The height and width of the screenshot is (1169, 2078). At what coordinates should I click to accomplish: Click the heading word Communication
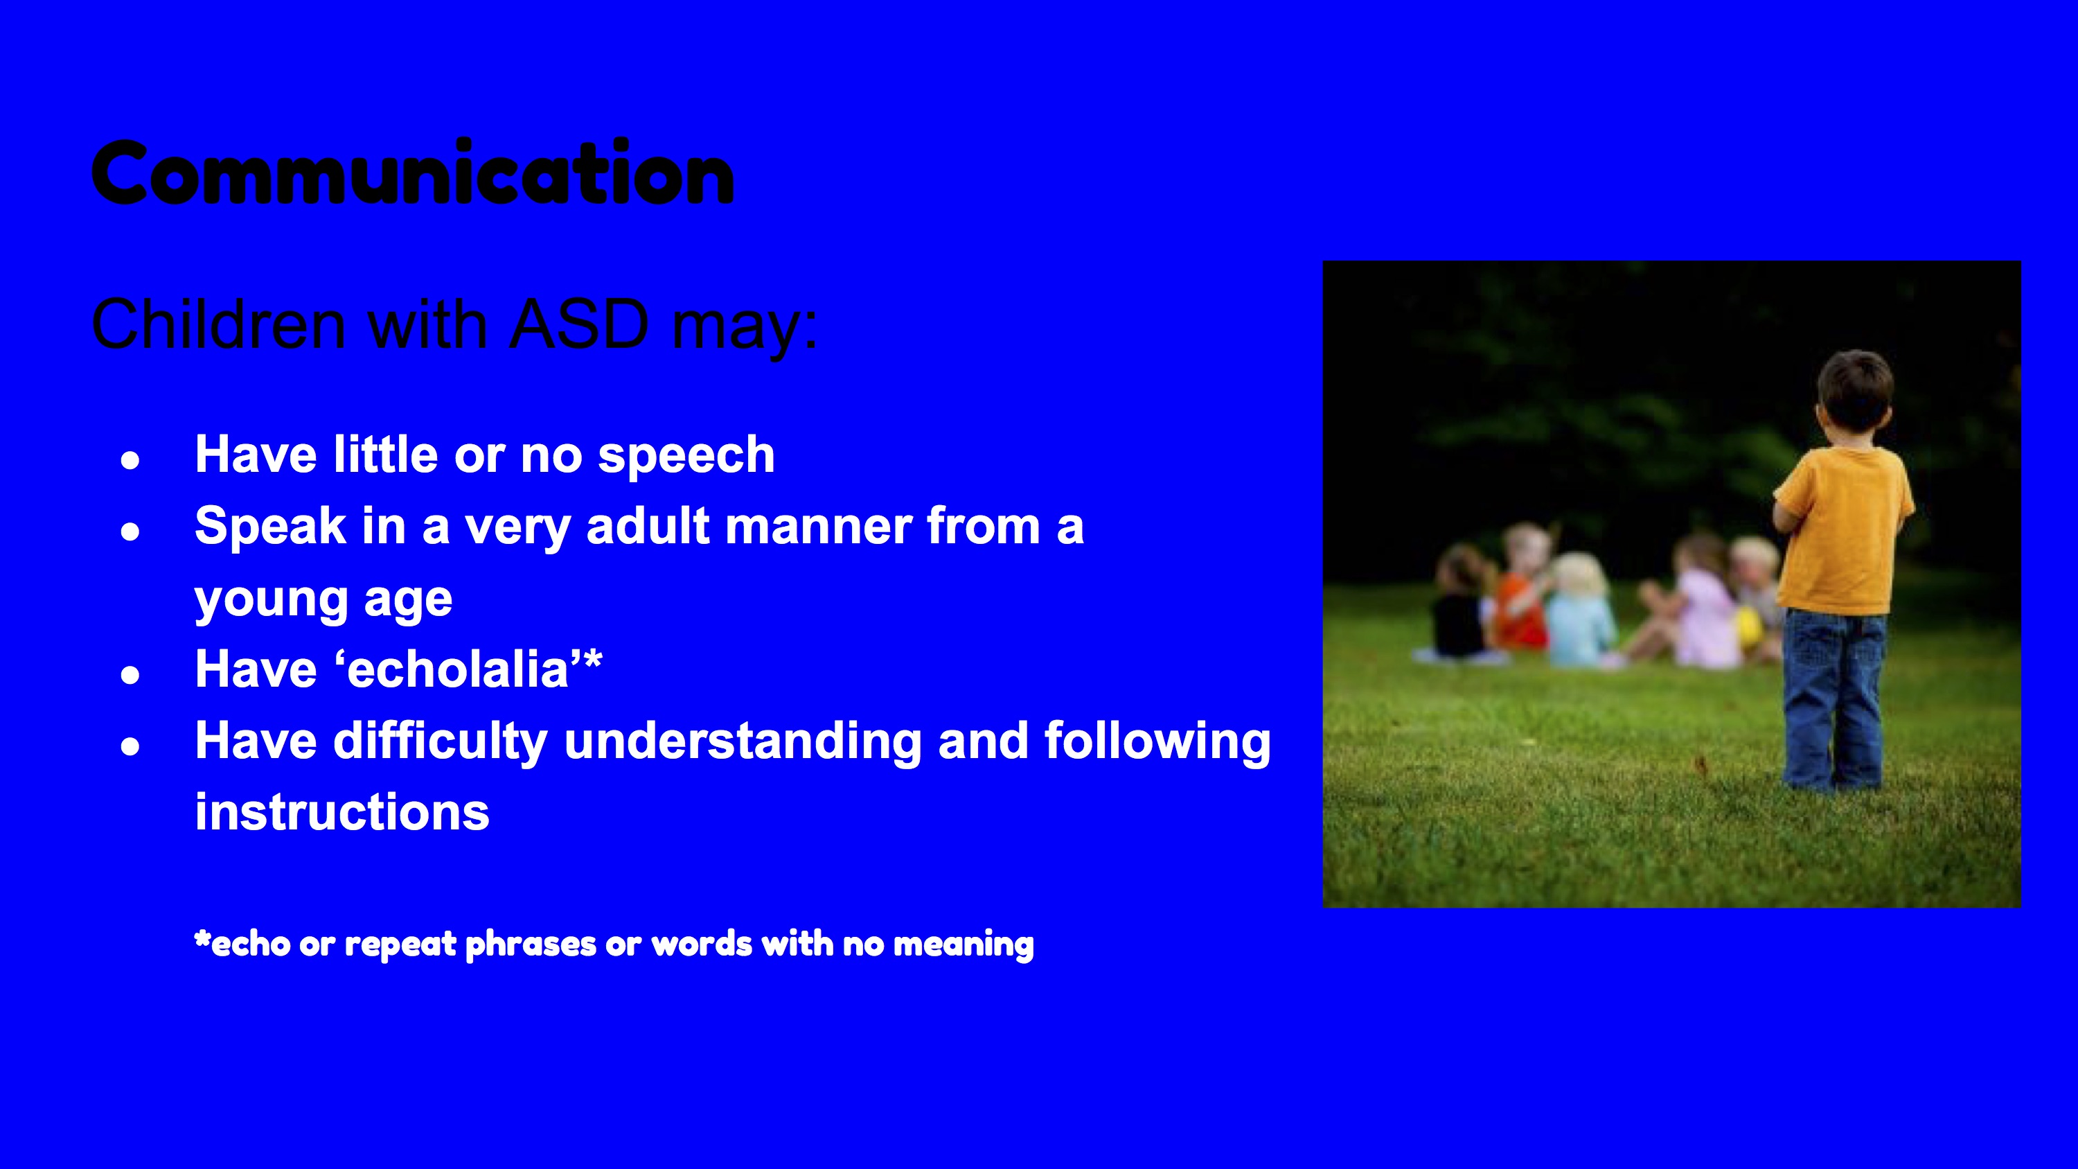tap(413, 172)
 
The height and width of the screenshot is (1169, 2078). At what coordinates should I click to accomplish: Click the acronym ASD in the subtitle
tap(579, 324)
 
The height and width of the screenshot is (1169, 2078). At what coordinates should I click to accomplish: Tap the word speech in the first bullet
tap(686, 456)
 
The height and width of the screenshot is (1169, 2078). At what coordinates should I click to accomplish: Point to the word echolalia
tap(458, 669)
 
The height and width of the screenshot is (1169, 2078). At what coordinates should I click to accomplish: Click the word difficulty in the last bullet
tap(441, 742)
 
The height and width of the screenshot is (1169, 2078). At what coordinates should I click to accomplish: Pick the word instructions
tap(342, 811)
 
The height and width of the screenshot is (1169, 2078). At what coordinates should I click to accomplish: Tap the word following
tap(1157, 742)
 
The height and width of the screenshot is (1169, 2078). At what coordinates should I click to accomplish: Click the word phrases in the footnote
tap(531, 944)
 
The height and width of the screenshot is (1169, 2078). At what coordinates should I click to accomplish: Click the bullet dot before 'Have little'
tap(130, 460)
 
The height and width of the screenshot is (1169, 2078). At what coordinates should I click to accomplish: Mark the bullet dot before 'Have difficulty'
tap(130, 746)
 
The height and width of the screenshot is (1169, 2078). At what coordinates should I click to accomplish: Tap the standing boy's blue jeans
tap(1833, 698)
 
